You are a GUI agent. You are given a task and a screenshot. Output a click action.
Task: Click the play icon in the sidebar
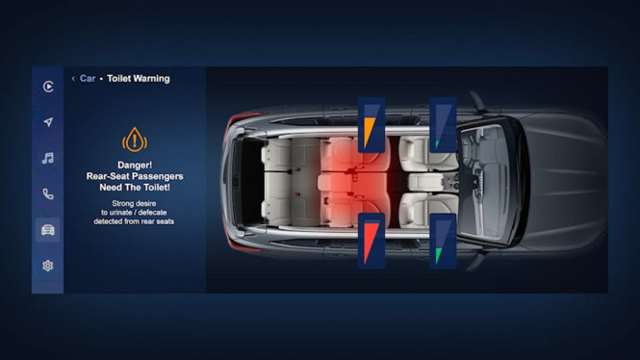click(48, 87)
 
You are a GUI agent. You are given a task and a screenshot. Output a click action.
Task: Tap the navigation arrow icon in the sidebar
click(48, 122)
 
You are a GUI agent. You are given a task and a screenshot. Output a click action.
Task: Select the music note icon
click(48, 158)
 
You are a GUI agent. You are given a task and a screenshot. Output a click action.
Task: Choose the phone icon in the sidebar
click(48, 193)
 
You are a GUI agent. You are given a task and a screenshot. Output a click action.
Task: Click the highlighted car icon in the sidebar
click(48, 229)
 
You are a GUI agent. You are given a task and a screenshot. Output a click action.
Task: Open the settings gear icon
click(48, 265)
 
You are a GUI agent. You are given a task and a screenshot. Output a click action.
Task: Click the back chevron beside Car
click(73, 79)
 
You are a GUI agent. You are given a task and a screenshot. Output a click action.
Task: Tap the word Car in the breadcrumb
click(88, 79)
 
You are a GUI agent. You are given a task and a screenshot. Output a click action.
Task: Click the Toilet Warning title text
click(138, 79)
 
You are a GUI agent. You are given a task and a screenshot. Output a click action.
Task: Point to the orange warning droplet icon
click(135, 141)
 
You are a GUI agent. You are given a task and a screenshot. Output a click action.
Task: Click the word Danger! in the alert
click(135, 165)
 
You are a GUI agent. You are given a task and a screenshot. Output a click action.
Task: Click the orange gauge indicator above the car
click(371, 125)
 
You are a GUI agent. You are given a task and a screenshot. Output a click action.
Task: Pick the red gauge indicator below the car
click(371, 240)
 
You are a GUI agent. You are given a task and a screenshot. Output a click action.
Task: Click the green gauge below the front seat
click(443, 241)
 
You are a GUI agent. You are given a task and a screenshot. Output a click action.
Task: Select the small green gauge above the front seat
click(443, 125)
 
